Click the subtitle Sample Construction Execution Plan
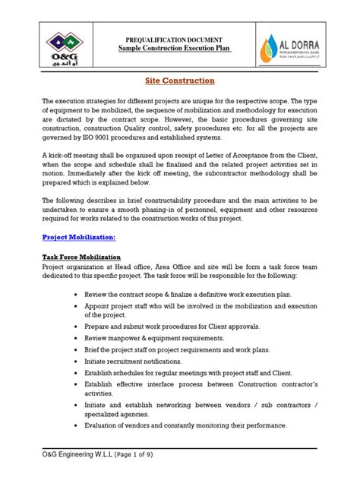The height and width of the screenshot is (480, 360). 179,48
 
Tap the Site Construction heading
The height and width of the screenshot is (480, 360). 179,81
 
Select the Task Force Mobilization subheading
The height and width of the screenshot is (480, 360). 81,257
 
